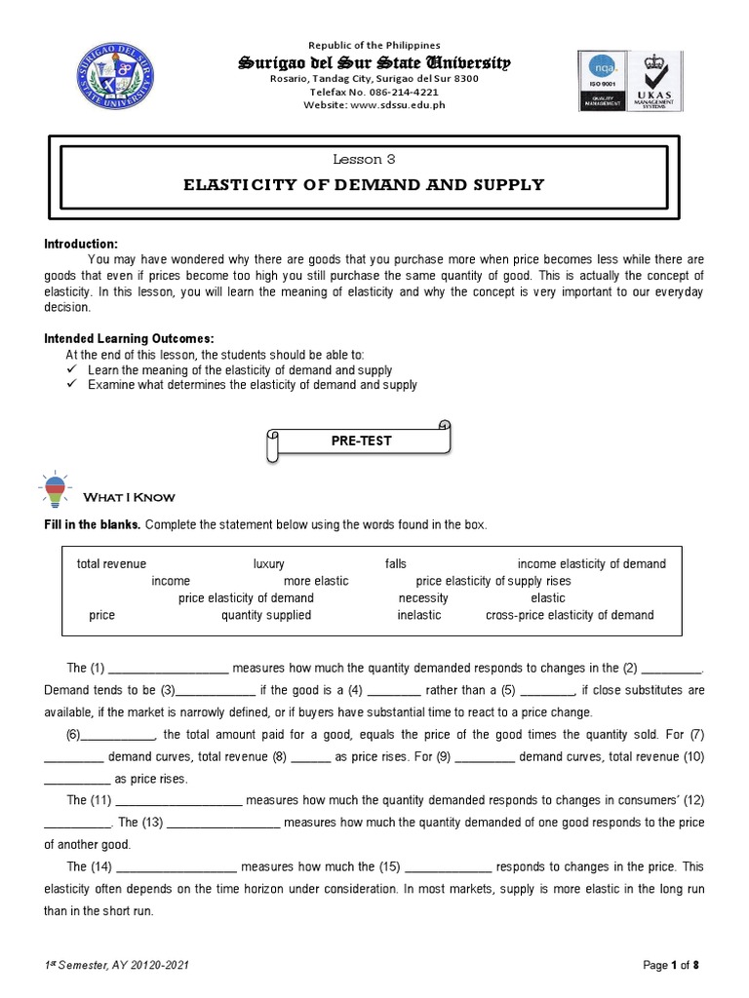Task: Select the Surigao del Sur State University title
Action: (374, 62)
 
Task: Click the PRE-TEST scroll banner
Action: (360, 441)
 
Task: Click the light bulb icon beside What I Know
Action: (55, 490)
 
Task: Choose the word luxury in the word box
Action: (268, 563)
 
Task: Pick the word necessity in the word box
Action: (423, 597)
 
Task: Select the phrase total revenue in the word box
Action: (111, 563)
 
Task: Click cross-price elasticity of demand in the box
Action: (570, 615)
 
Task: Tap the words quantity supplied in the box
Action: (266, 615)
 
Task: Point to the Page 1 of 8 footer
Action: (672, 965)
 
